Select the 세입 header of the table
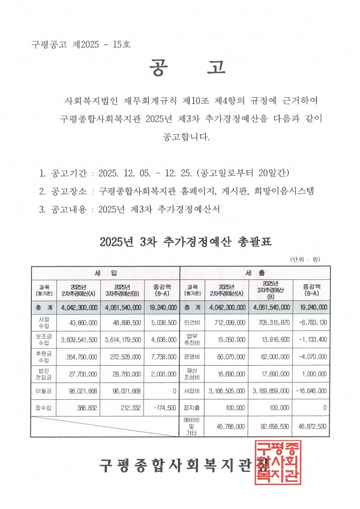106,272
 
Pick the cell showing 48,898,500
124,323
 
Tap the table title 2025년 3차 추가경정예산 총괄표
185,242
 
